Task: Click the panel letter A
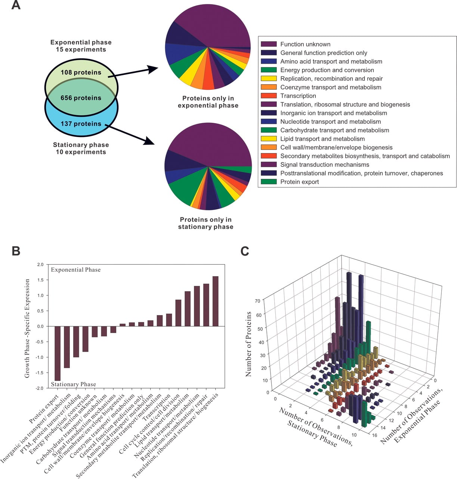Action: (16, 4)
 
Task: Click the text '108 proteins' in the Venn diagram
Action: (81, 72)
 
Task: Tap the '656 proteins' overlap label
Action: (81, 98)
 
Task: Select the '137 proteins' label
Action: (81, 123)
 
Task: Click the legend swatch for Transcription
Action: (269, 96)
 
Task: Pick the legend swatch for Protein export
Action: (269, 181)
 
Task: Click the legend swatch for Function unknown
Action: (269, 44)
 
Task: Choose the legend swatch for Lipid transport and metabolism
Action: (269, 139)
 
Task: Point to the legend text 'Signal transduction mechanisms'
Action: (325, 164)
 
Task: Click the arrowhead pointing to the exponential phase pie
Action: (153, 69)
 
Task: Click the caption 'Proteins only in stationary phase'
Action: (206, 223)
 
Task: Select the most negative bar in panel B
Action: (58, 353)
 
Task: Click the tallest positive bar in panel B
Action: (215, 301)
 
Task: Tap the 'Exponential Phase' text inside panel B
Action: (76, 270)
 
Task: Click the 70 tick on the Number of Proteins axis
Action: (257, 301)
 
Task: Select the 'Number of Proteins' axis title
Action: (248, 344)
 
